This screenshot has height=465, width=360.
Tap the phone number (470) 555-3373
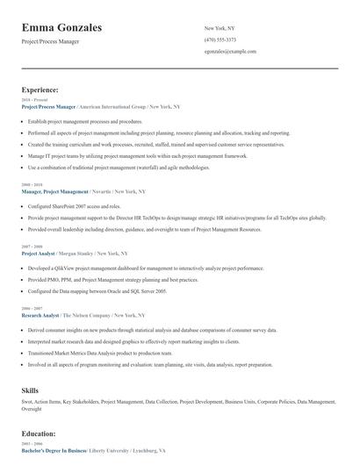(220, 39)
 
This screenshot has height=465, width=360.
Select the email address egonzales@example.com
(230, 52)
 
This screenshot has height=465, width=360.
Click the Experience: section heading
(40, 89)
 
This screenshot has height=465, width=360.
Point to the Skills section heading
(30, 389)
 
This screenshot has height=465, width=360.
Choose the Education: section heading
(40, 433)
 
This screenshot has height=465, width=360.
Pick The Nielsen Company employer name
(86, 314)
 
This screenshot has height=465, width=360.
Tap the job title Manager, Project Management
(55, 191)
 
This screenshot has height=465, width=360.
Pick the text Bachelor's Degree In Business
(54, 449)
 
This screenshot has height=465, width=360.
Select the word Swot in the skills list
(27, 401)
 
